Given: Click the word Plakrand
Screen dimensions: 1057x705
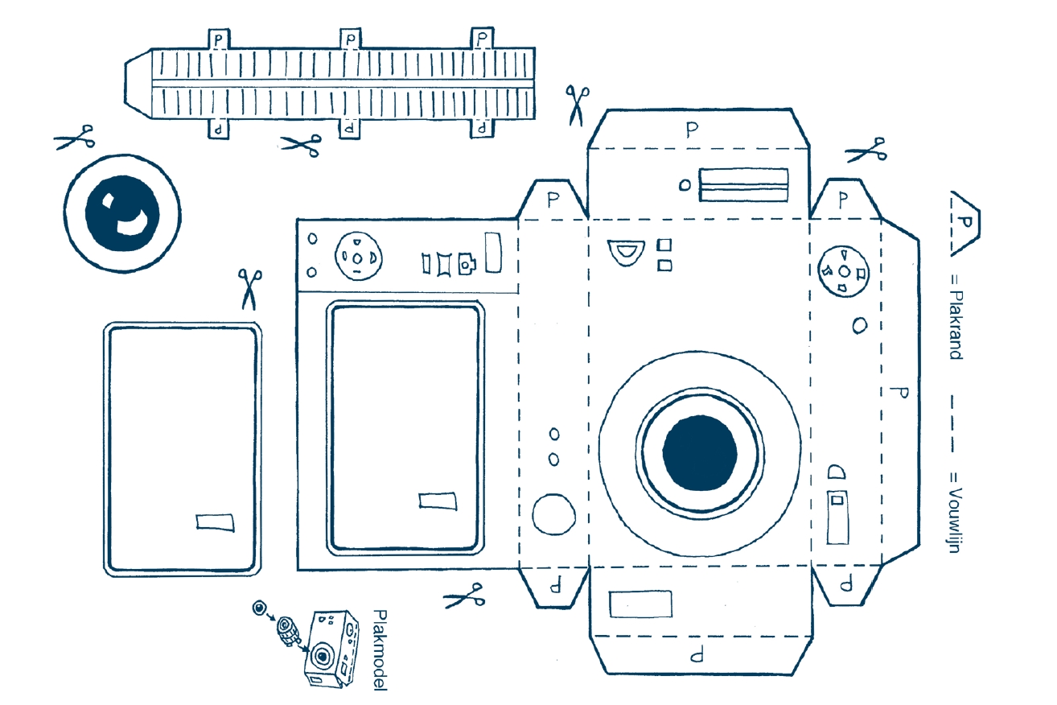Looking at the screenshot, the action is point(956,325).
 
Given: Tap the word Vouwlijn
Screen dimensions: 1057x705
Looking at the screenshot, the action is point(955,520).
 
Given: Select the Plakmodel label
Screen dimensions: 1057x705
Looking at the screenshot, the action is point(380,650).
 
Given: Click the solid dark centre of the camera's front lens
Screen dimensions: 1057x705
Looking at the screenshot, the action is point(700,453).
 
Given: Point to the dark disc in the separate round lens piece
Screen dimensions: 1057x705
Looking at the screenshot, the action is point(122,213).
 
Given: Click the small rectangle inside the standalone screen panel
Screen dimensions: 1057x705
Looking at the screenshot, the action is point(215,523).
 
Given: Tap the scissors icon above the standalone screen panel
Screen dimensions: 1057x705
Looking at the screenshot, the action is point(249,289).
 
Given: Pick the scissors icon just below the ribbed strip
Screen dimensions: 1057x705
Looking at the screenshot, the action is point(302,145).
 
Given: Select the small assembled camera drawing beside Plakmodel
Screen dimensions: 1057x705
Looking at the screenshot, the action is point(331,649).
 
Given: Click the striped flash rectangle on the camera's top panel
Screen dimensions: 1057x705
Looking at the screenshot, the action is point(743,184).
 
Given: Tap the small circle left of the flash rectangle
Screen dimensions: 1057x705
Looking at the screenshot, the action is point(685,185).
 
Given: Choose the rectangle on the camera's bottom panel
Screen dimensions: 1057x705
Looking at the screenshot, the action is point(640,604).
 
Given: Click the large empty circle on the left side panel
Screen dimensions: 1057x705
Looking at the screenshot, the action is point(553,514).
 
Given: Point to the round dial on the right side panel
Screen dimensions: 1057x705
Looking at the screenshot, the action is point(843,271).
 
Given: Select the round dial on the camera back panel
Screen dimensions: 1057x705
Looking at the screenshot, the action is point(358,256).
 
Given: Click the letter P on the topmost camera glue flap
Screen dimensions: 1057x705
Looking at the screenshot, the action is point(693,130).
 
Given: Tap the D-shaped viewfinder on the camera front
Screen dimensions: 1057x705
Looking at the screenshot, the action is point(626,252).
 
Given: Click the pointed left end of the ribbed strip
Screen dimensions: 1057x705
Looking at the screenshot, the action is point(125,83).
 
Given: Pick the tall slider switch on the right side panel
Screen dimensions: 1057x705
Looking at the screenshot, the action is point(837,517).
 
